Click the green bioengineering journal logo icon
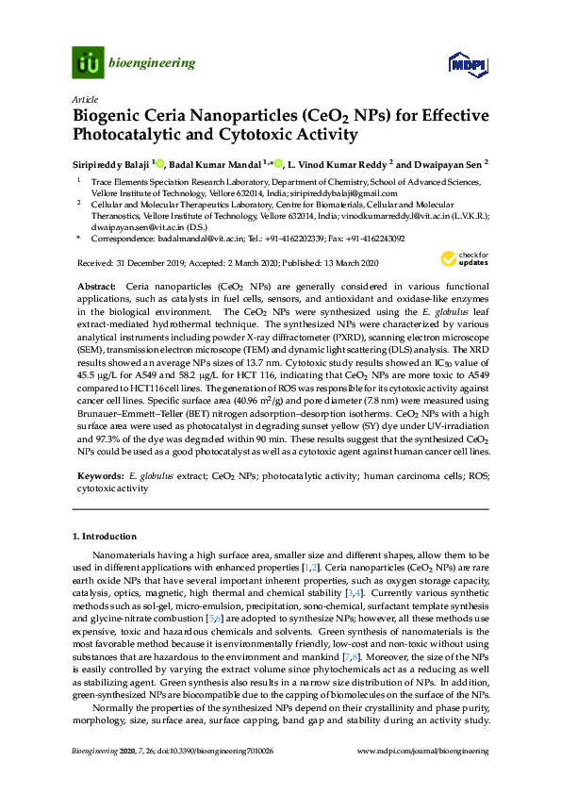[88, 63]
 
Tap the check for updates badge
[465, 258]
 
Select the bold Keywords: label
[97, 478]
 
